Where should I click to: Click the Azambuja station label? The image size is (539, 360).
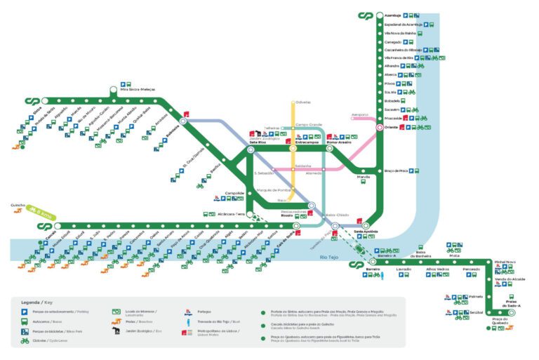pyautogui.click(x=393, y=15)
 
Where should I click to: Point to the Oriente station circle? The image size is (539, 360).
pyautogui.click(x=378, y=127)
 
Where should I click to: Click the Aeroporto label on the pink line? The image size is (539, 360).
pyautogui.click(x=359, y=114)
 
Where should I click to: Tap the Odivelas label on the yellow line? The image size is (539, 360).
pyautogui.click(x=302, y=102)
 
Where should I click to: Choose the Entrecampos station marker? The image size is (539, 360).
pyautogui.click(x=293, y=148)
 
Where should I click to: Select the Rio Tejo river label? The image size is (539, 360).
pyautogui.click(x=329, y=259)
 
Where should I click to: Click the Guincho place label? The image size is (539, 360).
pyautogui.click(x=18, y=206)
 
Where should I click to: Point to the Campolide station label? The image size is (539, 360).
pyautogui.click(x=234, y=192)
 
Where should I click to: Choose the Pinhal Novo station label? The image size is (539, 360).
pyautogui.click(x=505, y=261)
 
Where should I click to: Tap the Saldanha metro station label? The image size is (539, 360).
pyautogui.click(x=302, y=166)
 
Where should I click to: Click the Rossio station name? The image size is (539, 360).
pyautogui.click(x=286, y=215)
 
